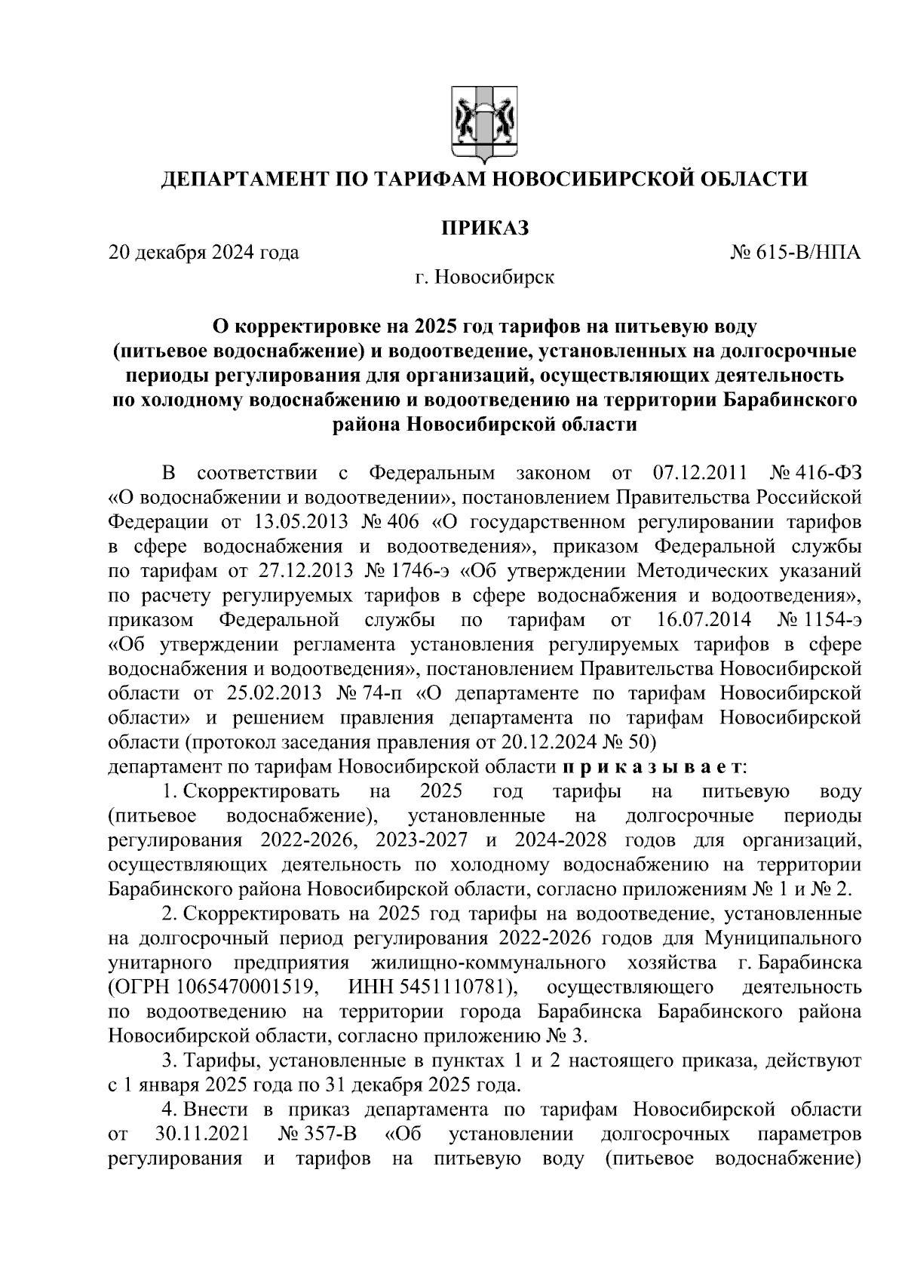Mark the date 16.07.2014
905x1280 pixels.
[x=699, y=621]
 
